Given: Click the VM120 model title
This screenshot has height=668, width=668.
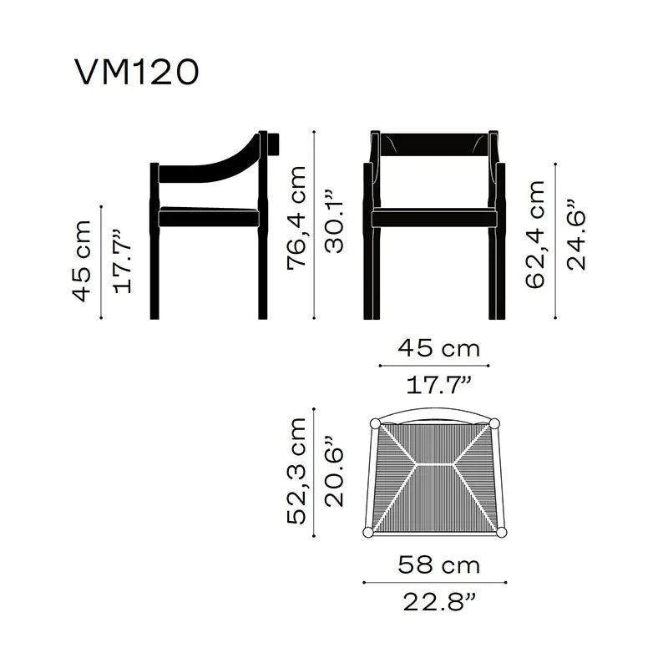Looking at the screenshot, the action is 137,72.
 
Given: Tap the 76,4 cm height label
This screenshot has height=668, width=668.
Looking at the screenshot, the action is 296,218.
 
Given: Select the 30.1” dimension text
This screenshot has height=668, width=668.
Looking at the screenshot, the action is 334,221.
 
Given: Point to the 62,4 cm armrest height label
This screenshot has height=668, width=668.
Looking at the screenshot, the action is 535,235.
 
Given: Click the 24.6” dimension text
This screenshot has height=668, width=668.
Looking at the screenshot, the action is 576,234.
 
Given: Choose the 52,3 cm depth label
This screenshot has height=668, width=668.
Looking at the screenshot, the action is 296,471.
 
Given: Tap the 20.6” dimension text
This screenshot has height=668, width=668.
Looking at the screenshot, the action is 334,471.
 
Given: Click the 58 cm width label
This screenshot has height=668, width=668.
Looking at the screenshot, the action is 439,565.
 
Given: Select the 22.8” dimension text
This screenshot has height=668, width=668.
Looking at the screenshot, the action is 439,602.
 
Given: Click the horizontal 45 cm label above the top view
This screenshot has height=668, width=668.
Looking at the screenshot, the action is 439,348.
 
